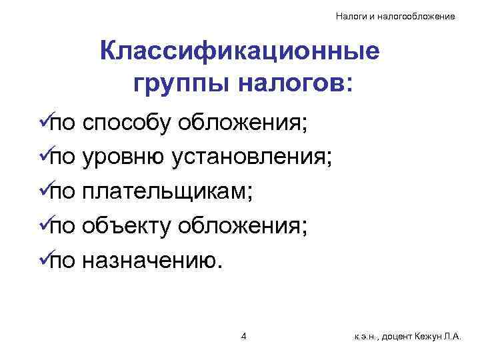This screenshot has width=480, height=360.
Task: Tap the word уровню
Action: tap(123, 157)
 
